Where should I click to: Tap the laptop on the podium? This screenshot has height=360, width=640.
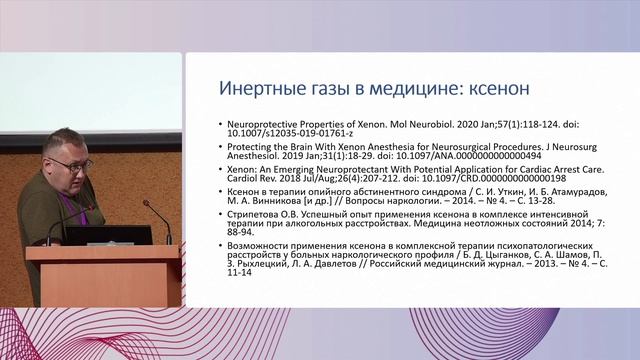(109, 235)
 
